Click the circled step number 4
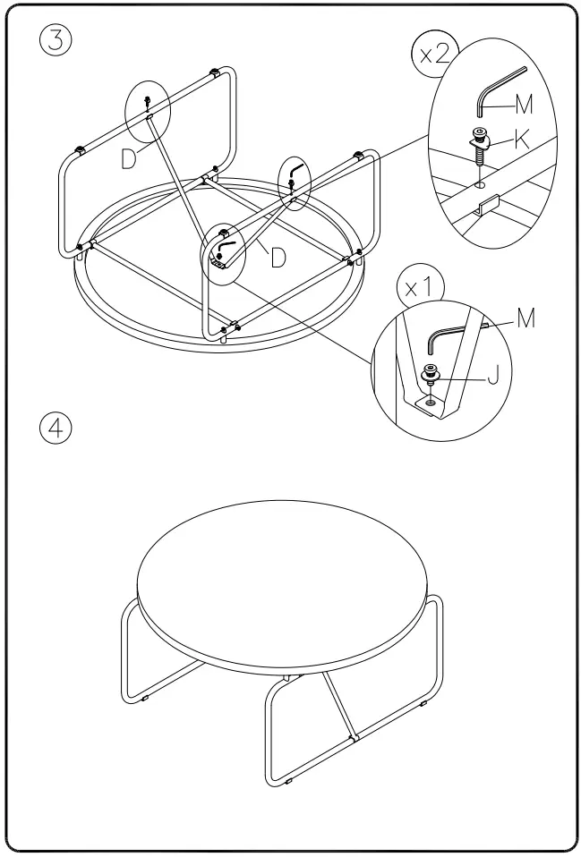tap(56, 428)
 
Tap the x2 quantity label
tap(434, 53)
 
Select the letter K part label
tap(522, 138)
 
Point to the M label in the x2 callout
tap(525, 106)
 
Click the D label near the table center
tap(278, 258)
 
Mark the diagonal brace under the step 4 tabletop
tap(339, 707)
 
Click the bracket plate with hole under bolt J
tap(429, 405)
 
